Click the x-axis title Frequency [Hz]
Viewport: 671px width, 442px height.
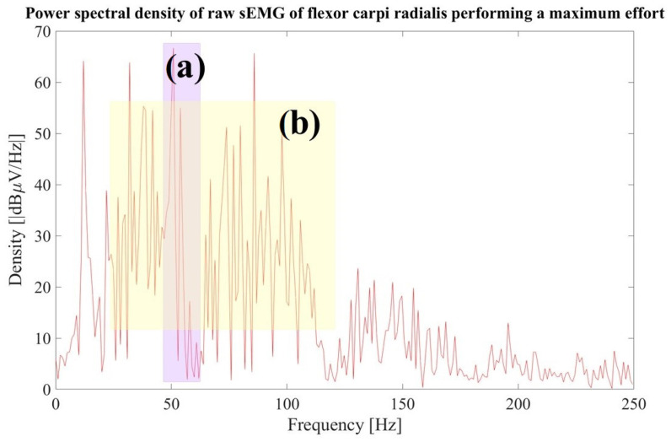(344, 425)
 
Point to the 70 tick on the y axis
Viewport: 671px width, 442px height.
(41, 32)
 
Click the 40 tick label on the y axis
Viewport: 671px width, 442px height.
(41, 186)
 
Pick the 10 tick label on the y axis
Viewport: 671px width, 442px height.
(41, 339)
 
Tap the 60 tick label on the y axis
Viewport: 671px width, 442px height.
(41, 83)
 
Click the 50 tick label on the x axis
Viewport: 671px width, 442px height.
(171, 403)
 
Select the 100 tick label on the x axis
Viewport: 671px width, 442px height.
(287, 403)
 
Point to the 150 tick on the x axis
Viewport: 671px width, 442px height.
(402, 403)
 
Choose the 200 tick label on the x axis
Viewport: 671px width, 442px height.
(518, 403)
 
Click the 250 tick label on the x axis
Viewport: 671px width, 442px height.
(632, 403)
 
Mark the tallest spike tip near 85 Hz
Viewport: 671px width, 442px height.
(254, 54)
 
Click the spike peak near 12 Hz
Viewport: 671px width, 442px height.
(83, 62)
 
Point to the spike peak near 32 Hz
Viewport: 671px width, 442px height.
(130, 63)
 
